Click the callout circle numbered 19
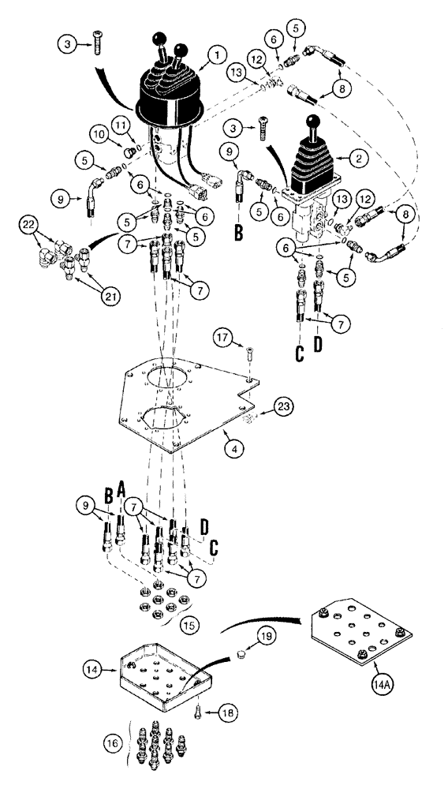pyautogui.click(x=266, y=634)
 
